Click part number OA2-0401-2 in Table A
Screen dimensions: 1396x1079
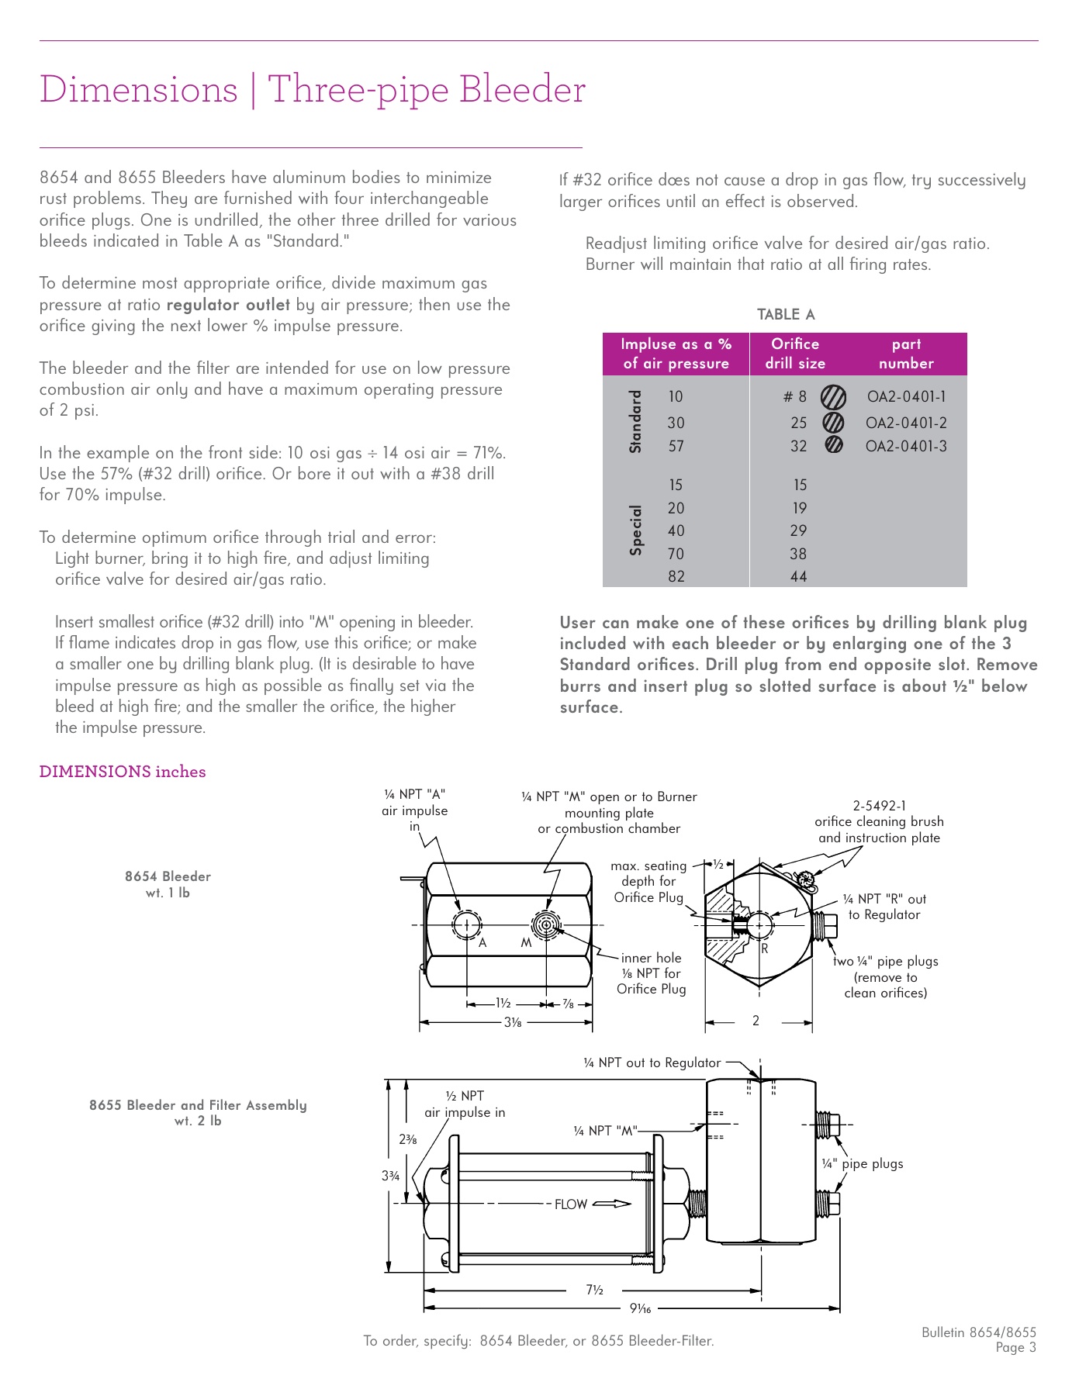[x=906, y=423]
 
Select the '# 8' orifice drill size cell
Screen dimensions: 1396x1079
[x=794, y=397]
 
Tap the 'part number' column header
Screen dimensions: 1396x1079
[x=906, y=354]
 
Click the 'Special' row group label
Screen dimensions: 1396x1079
[x=636, y=530]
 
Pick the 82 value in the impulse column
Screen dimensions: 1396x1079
[x=676, y=576]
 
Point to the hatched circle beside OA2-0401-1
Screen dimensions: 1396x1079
[x=834, y=397]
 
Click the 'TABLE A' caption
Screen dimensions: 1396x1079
[x=786, y=314]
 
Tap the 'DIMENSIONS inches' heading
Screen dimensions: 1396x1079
[x=123, y=772]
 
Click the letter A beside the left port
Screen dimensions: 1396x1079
[x=482, y=943]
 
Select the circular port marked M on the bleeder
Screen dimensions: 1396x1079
[x=547, y=925]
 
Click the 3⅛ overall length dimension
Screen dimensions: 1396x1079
[x=513, y=1022]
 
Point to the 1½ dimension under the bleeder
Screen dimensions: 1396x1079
[x=503, y=1004]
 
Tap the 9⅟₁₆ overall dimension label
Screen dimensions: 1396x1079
[x=640, y=1308]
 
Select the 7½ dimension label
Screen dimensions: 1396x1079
[x=594, y=1290]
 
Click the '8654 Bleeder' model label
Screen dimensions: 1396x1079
[x=168, y=876]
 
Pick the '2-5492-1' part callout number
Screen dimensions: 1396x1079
[x=879, y=806]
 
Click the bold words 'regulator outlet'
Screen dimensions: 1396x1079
[x=228, y=305]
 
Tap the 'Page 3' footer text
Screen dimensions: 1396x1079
[x=1015, y=1347]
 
